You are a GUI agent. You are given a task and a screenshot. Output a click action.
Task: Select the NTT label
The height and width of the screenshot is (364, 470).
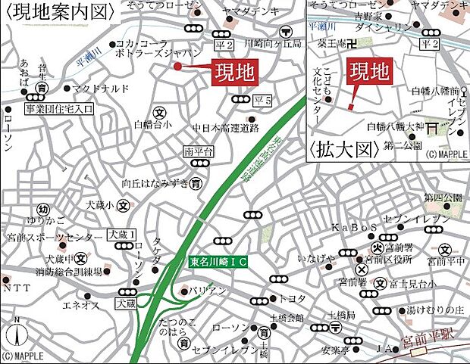point(17,288)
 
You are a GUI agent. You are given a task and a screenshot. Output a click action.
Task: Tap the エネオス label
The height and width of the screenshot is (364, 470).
point(80,305)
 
